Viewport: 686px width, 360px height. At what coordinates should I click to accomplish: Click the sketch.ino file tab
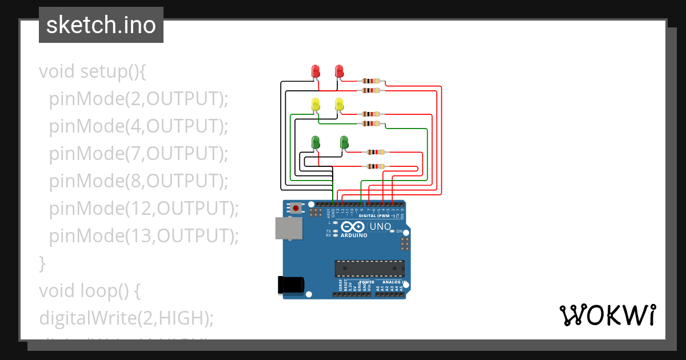point(101,25)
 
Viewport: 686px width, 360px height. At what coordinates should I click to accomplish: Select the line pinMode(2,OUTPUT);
point(138,99)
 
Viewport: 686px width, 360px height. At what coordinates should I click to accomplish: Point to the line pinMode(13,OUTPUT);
point(143,235)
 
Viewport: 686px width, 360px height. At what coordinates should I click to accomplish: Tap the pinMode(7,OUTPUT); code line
point(138,154)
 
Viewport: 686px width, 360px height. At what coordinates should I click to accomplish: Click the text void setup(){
point(93,71)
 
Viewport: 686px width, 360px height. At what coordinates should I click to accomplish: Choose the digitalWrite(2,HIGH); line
point(126,318)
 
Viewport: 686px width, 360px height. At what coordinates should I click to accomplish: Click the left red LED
point(315,71)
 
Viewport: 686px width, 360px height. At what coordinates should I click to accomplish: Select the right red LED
point(339,71)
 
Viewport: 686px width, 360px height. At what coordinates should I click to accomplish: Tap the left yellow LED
point(315,105)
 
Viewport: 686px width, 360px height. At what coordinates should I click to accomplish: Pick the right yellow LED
point(339,105)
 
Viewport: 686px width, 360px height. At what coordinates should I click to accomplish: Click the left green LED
point(315,142)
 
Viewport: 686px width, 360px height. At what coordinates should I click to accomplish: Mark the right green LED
point(344,142)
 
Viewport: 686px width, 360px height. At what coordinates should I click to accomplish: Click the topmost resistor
point(372,81)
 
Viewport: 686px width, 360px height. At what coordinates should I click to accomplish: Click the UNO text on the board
point(380,227)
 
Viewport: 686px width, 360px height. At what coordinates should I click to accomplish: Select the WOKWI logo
point(607,315)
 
